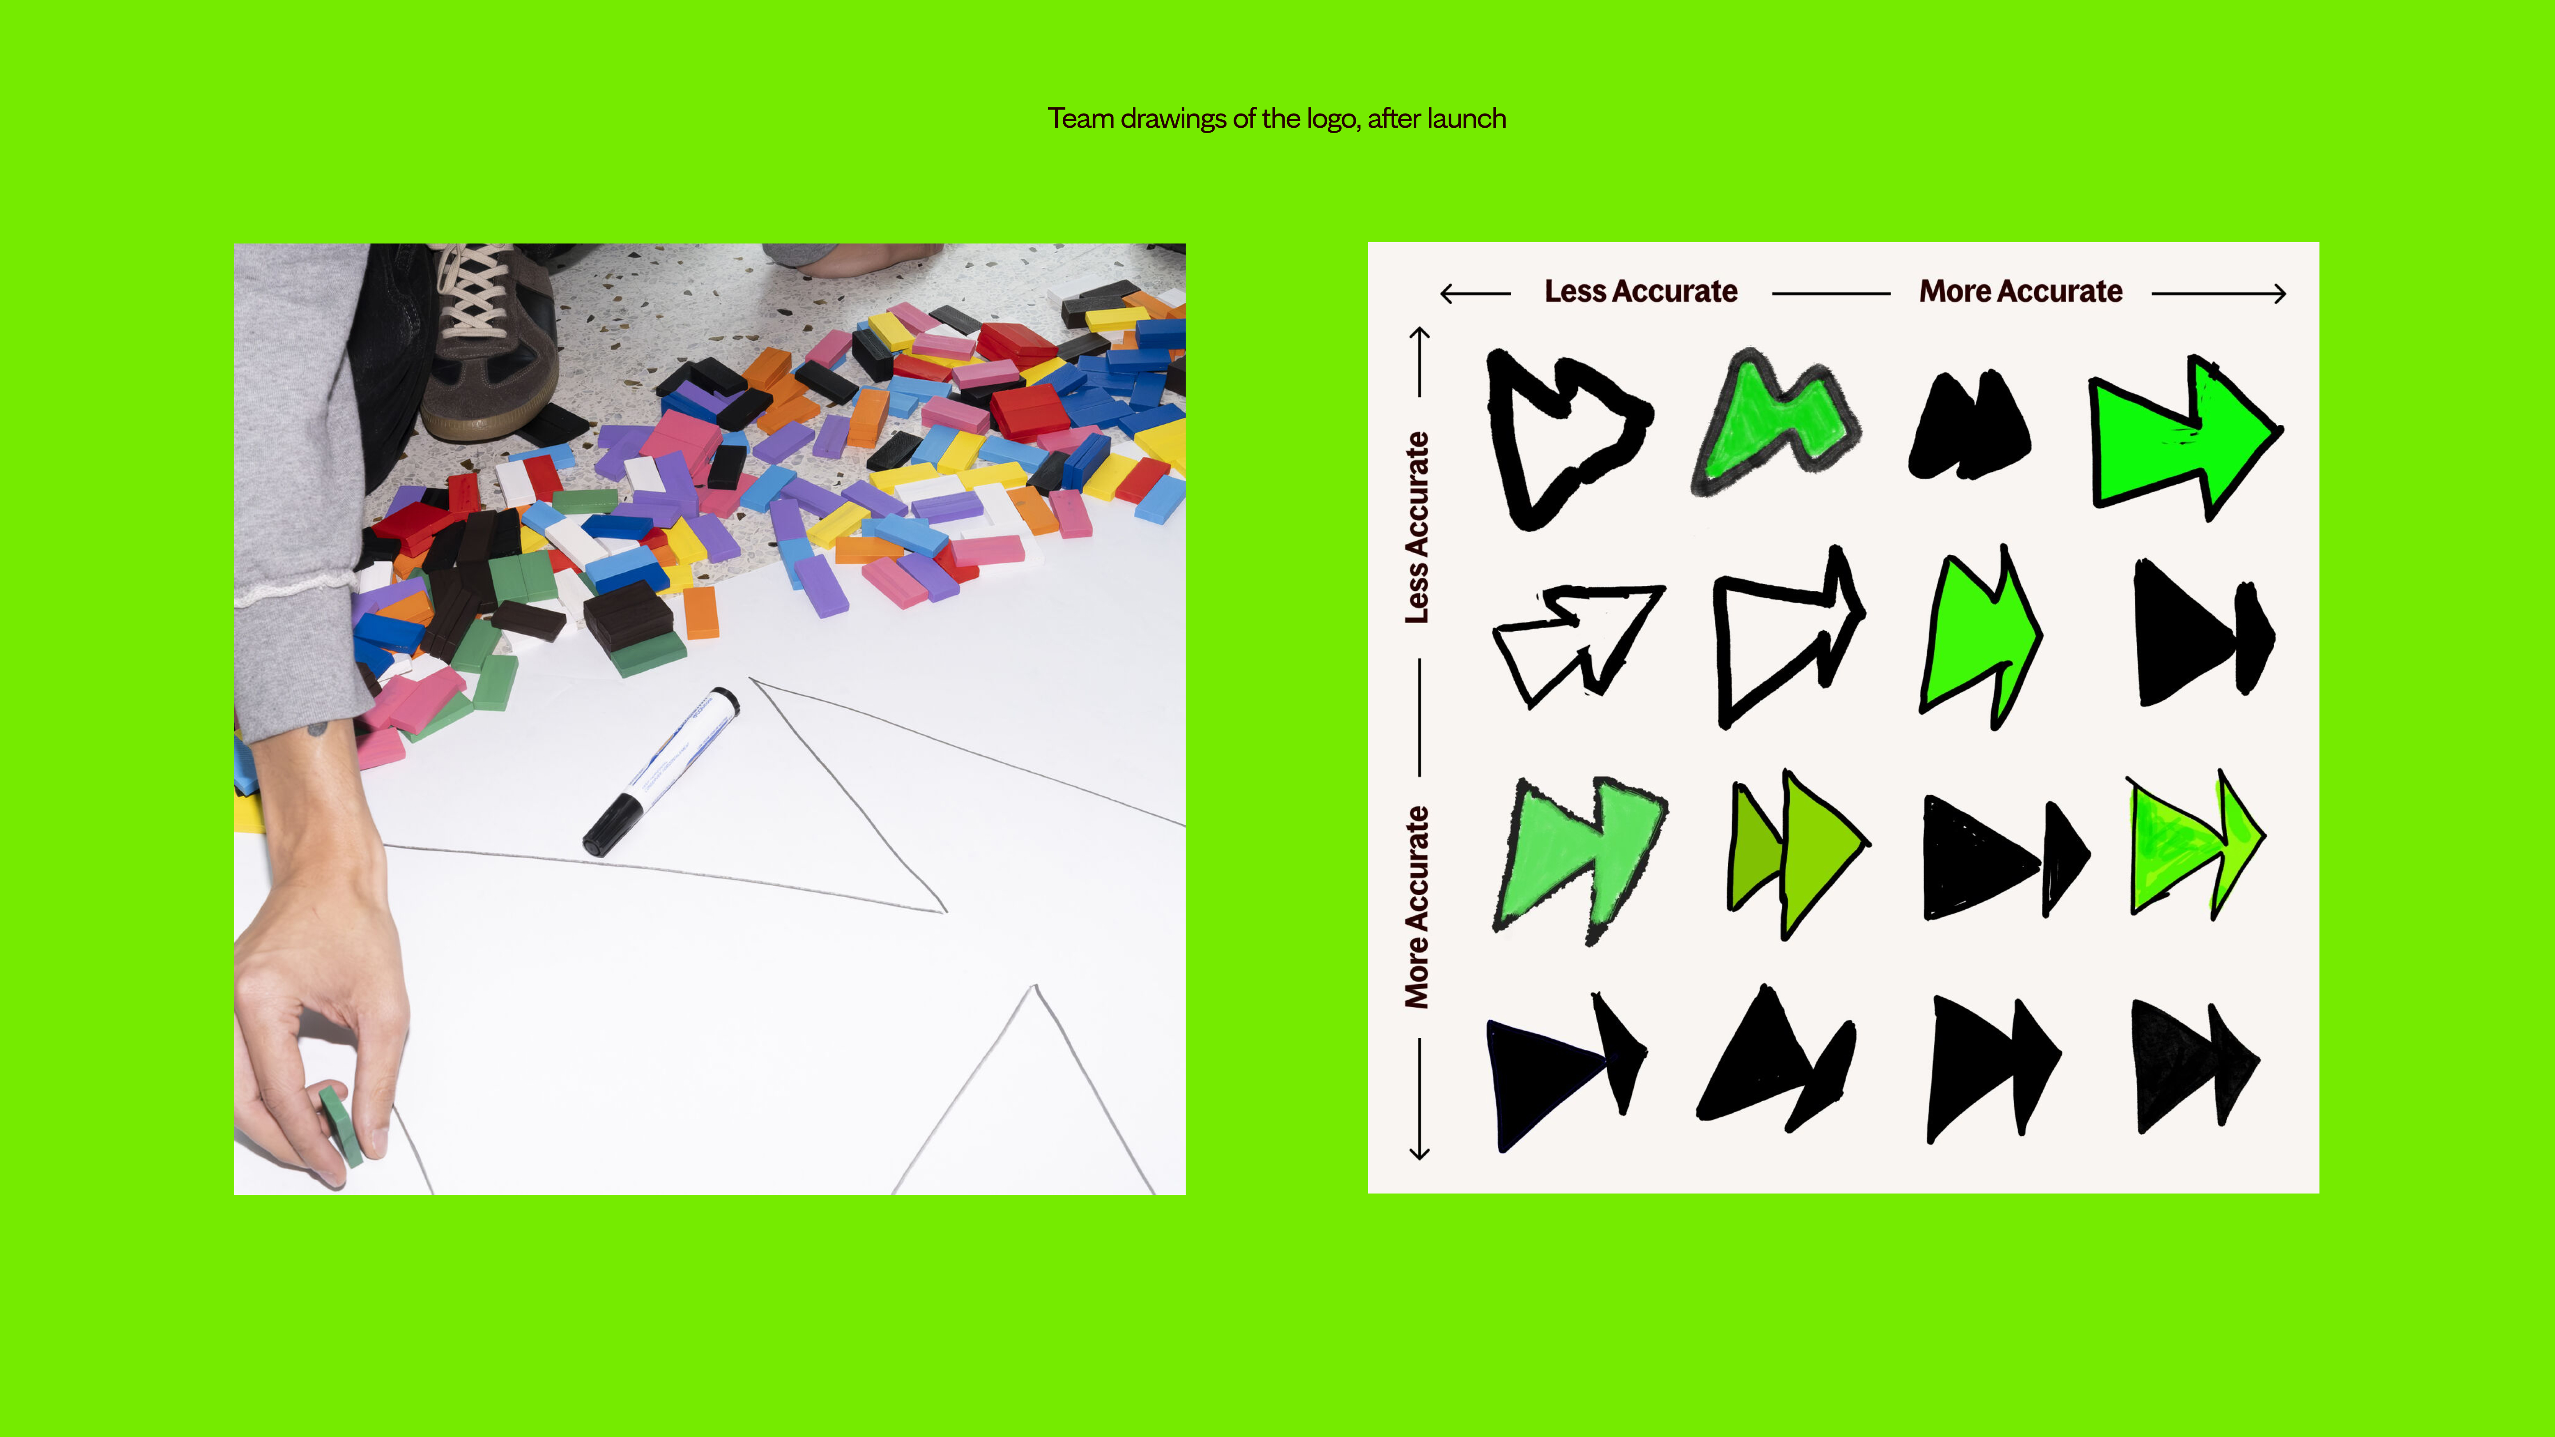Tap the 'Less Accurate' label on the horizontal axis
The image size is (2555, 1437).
tap(1640, 291)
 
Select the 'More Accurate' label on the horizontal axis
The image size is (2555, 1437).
tap(2020, 291)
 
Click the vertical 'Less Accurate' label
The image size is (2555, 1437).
tap(1417, 528)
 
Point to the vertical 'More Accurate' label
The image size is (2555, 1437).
tap(1417, 907)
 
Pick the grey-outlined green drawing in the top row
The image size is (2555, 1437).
tap(1775, 421)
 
